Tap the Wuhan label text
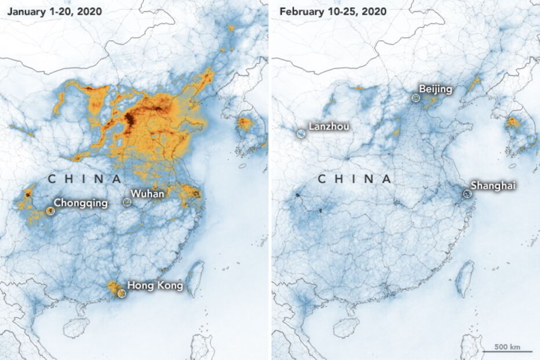coord(147,194)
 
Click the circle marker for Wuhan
coord(127,202)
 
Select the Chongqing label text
coord(81,203)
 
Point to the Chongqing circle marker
coord(50,211)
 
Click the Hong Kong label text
coord(155,285)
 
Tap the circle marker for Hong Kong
coord(121,293)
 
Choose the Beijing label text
coord(435,89)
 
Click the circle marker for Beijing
coord(415,99)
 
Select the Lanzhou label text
coord(329,126)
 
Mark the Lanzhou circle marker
coord(301,133)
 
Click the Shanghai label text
coord(492,186)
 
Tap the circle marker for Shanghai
coord(466,194)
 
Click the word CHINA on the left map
coord(85,179)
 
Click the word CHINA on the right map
coord(355,179)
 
